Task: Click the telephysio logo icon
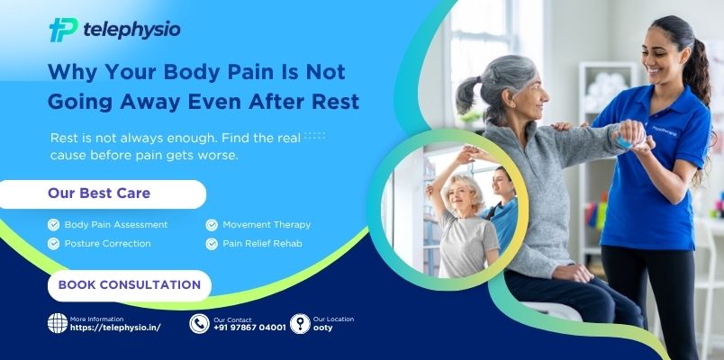point(63,30)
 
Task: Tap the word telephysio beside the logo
point(131,30)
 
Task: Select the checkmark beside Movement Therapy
point(213,224)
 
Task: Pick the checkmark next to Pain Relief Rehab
point(213,243)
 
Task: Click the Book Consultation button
point(129,284)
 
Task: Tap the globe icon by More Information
point(58,323)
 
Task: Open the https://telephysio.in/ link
point(115,328)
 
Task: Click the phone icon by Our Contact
point(199,323)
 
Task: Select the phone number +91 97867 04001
point(249,328)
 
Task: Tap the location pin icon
point(300,323)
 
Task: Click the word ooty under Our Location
point(322,328)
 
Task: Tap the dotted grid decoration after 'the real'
point(314,136)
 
